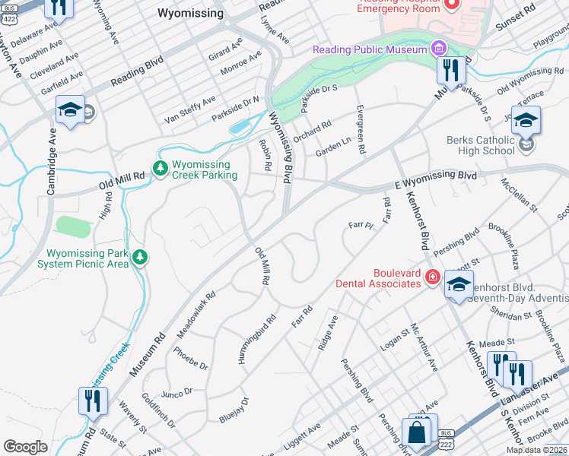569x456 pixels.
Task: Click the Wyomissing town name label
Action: click(x=190, y=13)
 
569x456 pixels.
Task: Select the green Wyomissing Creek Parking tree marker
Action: click(x=160, y=168)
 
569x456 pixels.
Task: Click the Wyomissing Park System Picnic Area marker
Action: click(x=139, y=258)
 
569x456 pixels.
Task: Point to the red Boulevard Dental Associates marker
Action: click(x=432, y=277)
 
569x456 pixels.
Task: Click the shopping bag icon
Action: click(x=417, y=433)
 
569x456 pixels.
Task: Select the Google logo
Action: click(x=25, y=446)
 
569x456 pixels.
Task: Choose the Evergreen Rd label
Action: click(x=359, y=129)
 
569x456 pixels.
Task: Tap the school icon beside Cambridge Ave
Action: click(x=70, y=111)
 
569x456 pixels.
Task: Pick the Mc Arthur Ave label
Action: click(x=424, y=347)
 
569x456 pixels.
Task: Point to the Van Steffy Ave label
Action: click(x=190, y=110)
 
